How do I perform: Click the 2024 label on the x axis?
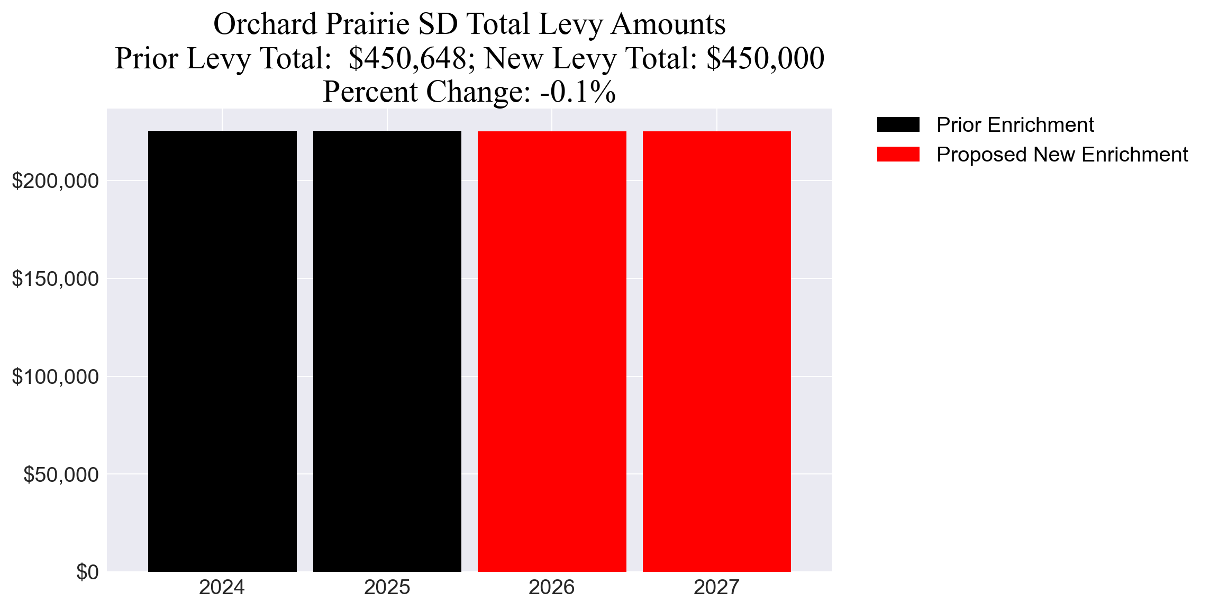tap(222, 588)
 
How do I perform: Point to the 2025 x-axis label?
tap(387, 588)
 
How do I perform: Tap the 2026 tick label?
tap(552, 588)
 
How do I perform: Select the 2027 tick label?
tap(716, 588)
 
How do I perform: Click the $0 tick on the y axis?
tap(87, 572)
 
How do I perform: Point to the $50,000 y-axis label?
tap(61, 475)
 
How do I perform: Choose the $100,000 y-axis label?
tap(55, 377)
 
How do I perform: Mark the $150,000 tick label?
tap(55, 279)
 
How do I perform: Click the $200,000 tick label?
tap(55, 181)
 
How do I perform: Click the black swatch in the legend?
tap(898, 125)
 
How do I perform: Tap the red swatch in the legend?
tap(898, 155)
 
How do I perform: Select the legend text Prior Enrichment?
tap(1015, 125)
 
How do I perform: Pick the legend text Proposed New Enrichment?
tap(1062, 155)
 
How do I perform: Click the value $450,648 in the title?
tap(407, 58)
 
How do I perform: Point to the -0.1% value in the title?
tap(578, 92)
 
